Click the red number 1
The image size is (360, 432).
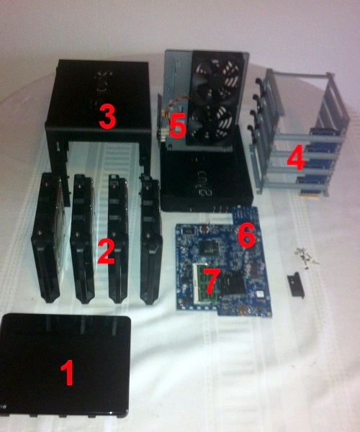pyautogui.click(x=66, y=373)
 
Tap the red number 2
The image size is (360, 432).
pyautogui.click(x=106, y=252)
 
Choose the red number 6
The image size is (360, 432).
pyautogui.click(x=246, y=234)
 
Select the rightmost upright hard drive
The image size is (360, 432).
pyautogui.click(x=150, y=241)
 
